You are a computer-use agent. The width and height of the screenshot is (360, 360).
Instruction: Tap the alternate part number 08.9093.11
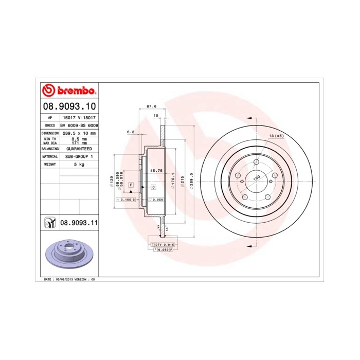[x=79, y=223]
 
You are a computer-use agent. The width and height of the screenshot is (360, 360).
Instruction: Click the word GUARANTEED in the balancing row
[x=79, y=148]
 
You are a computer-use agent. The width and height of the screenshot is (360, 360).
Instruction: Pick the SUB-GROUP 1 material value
[x=79, y=156]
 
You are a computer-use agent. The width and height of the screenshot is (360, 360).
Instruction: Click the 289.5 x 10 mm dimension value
[x=79, y=133]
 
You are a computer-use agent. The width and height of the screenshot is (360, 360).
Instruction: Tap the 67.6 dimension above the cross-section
[x=151, y=106]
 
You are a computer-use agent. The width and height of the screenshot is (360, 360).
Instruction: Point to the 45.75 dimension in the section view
[x=156, y=170]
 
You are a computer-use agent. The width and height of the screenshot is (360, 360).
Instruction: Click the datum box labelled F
[x=131, y=185]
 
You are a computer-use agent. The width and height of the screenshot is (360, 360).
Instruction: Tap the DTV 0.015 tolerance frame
[x=164, y=244]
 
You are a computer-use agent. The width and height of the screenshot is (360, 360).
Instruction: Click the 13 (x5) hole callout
[x=276, y=136]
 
